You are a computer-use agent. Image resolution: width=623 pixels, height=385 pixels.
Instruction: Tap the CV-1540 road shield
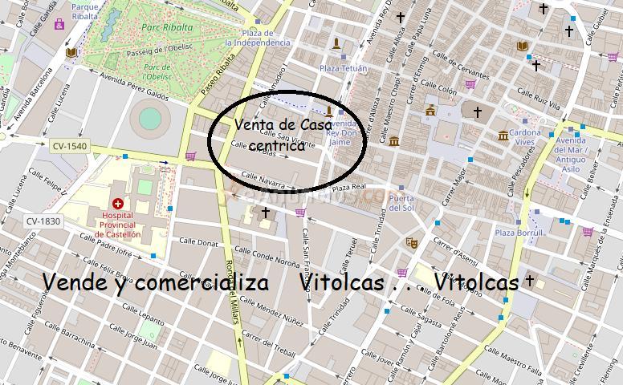click(x=70, y=147)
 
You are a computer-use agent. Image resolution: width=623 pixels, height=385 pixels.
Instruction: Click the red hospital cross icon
click(x=118, y=205)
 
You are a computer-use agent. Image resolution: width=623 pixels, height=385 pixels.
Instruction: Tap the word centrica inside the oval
click(x=277, y=146)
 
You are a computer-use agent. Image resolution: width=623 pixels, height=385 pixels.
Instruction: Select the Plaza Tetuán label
click(x=343, y=69)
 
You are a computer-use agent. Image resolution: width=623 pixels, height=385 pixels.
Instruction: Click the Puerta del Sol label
click(x=401, y=202)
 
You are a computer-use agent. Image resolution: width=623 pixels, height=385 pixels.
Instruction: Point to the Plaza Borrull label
click(x=519, y=233)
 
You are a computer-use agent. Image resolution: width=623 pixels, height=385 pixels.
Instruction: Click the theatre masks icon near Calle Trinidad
click(x=413, y=242)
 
